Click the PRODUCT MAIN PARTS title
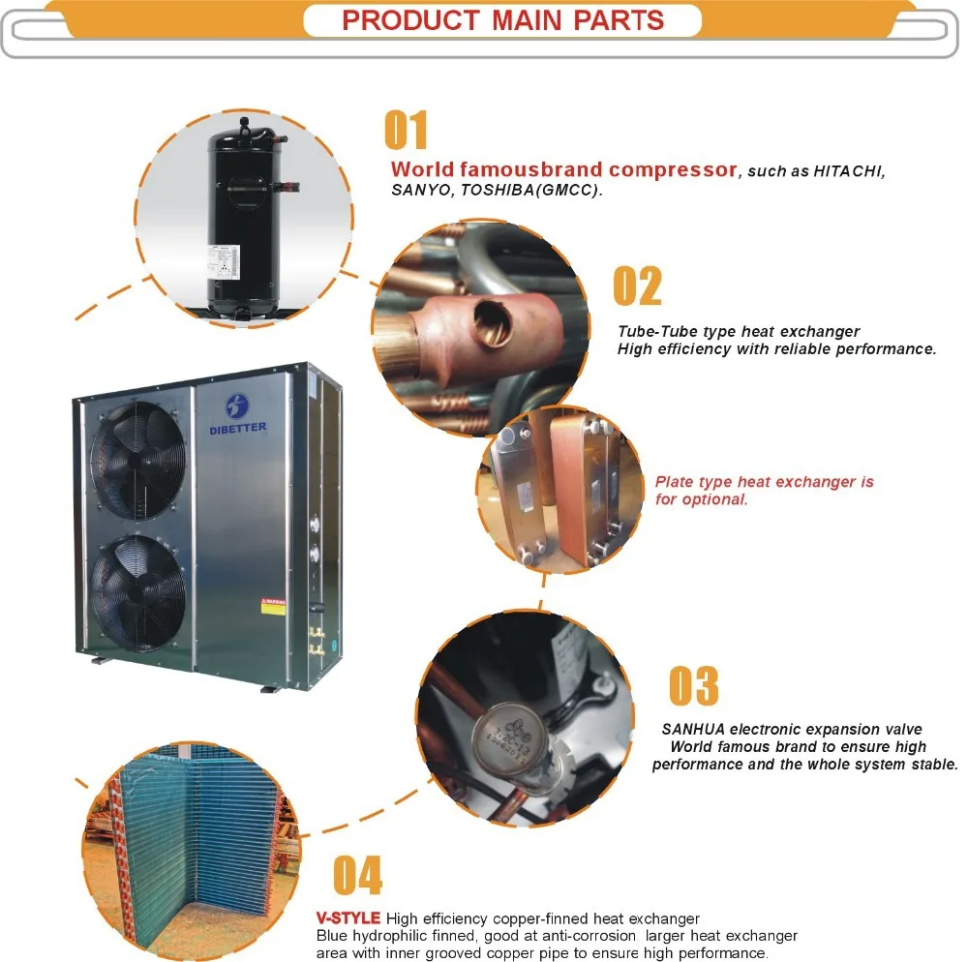(x=502, y=20)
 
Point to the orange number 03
(x=694, y=686)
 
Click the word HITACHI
(x=849, y=171)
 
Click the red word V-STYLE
(x=348, y=917)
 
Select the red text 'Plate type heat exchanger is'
(x=764, y=482)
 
